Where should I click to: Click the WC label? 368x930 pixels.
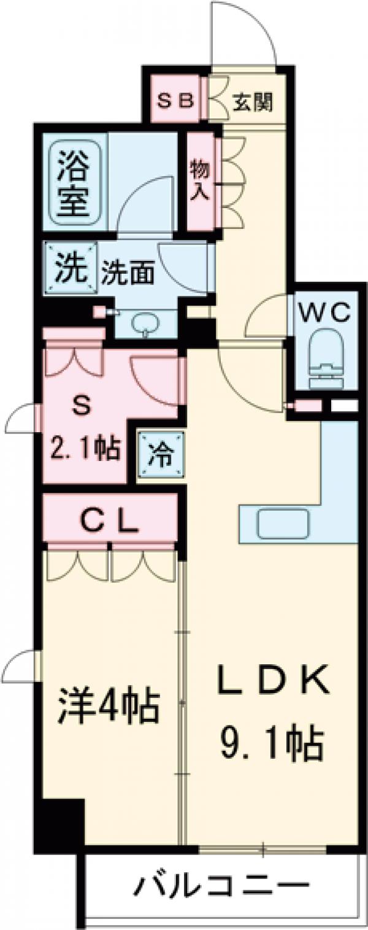(x=324, y=312)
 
